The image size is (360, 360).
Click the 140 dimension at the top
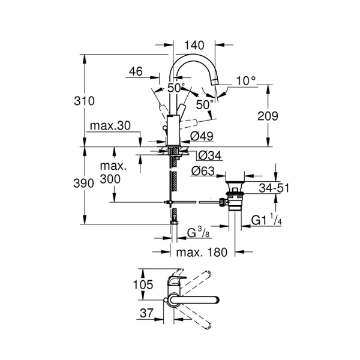point(195,44)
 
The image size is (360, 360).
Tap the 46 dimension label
point(135,71)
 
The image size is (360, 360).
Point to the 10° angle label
point(245,80)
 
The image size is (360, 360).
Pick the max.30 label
point(109,127)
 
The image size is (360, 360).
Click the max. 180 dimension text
point(202,252)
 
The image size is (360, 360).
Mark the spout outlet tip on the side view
point(217,91)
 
